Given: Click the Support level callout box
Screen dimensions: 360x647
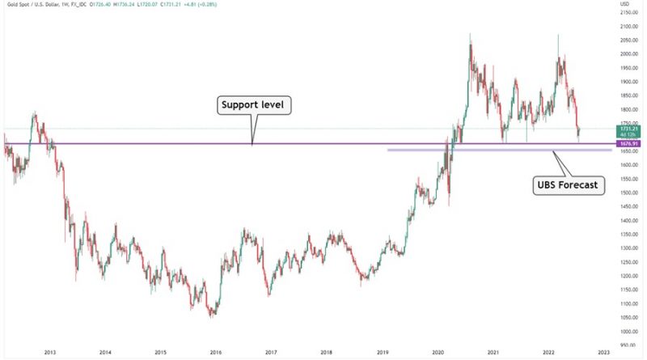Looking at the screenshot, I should pyautogui.click(x=253, y=105).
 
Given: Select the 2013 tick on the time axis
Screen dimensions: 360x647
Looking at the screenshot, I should pyautogui.click(x=50, y=354).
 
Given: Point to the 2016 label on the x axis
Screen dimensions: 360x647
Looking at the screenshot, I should pyautogui.click(x=216, y=354).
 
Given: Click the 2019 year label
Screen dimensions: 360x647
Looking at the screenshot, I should pyautogui.click(x=383, y=354).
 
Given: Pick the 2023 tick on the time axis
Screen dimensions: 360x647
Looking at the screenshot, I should pyautogui.click(x=604, y=354).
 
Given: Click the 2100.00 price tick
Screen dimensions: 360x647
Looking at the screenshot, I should pyautogui.click(x=631, y=27).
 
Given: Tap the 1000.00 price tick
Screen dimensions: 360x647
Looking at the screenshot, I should pyautogui.click(x=631, y=332).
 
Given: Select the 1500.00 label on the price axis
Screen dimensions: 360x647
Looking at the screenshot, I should pyautogui.click(x=631, y=193).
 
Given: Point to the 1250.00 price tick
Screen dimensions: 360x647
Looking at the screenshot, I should pyautogui.click(x=631, y=262).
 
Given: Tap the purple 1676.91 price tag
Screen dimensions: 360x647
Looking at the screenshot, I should pyautogui.click(x=631, y=144).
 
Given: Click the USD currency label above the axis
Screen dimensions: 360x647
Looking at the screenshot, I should pyautogui.click(x=625, y=5).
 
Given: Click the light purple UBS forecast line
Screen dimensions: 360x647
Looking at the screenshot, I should pyautogui.click(x=485, y=150).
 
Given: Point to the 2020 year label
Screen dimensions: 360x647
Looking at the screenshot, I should pyautogui.click(x=438, y=354).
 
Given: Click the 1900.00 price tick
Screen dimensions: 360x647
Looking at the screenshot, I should pyautogui.click(x=631, y=83).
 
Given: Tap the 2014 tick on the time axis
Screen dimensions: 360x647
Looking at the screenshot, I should pyautogui.click(x=105, y=354).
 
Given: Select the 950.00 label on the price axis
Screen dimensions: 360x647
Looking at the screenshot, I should pyautogui.click(x=631, y=345).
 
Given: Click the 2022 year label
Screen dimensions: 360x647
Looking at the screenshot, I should pyautogui.click(x=548, y=354).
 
